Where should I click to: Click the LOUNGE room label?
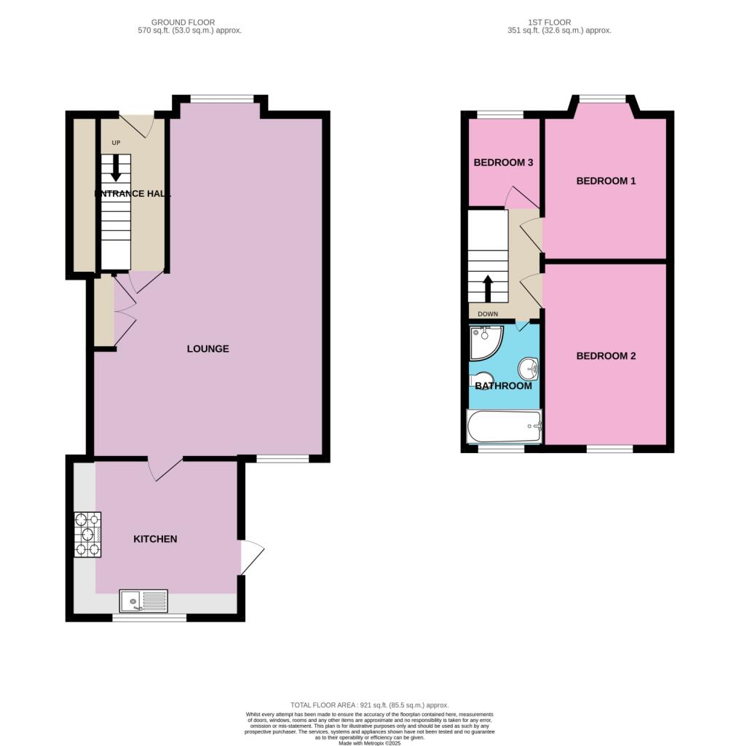[208, 349]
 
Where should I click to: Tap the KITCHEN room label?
[155, 539]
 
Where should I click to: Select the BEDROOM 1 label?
[606, 181]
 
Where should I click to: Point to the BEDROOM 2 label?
[606, 356]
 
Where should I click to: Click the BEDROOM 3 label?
[503, 162]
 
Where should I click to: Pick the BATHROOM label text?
[503, 385]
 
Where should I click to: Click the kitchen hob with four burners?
[87, 535]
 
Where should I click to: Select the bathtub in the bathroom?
[504, 426]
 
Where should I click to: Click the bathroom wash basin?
[530, 369]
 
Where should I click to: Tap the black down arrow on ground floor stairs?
[116, 169]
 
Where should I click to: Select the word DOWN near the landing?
[488, 315]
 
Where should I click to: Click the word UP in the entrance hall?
[115, 143]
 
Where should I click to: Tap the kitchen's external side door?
[251, 557]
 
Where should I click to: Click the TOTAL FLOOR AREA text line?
[369, 705]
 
